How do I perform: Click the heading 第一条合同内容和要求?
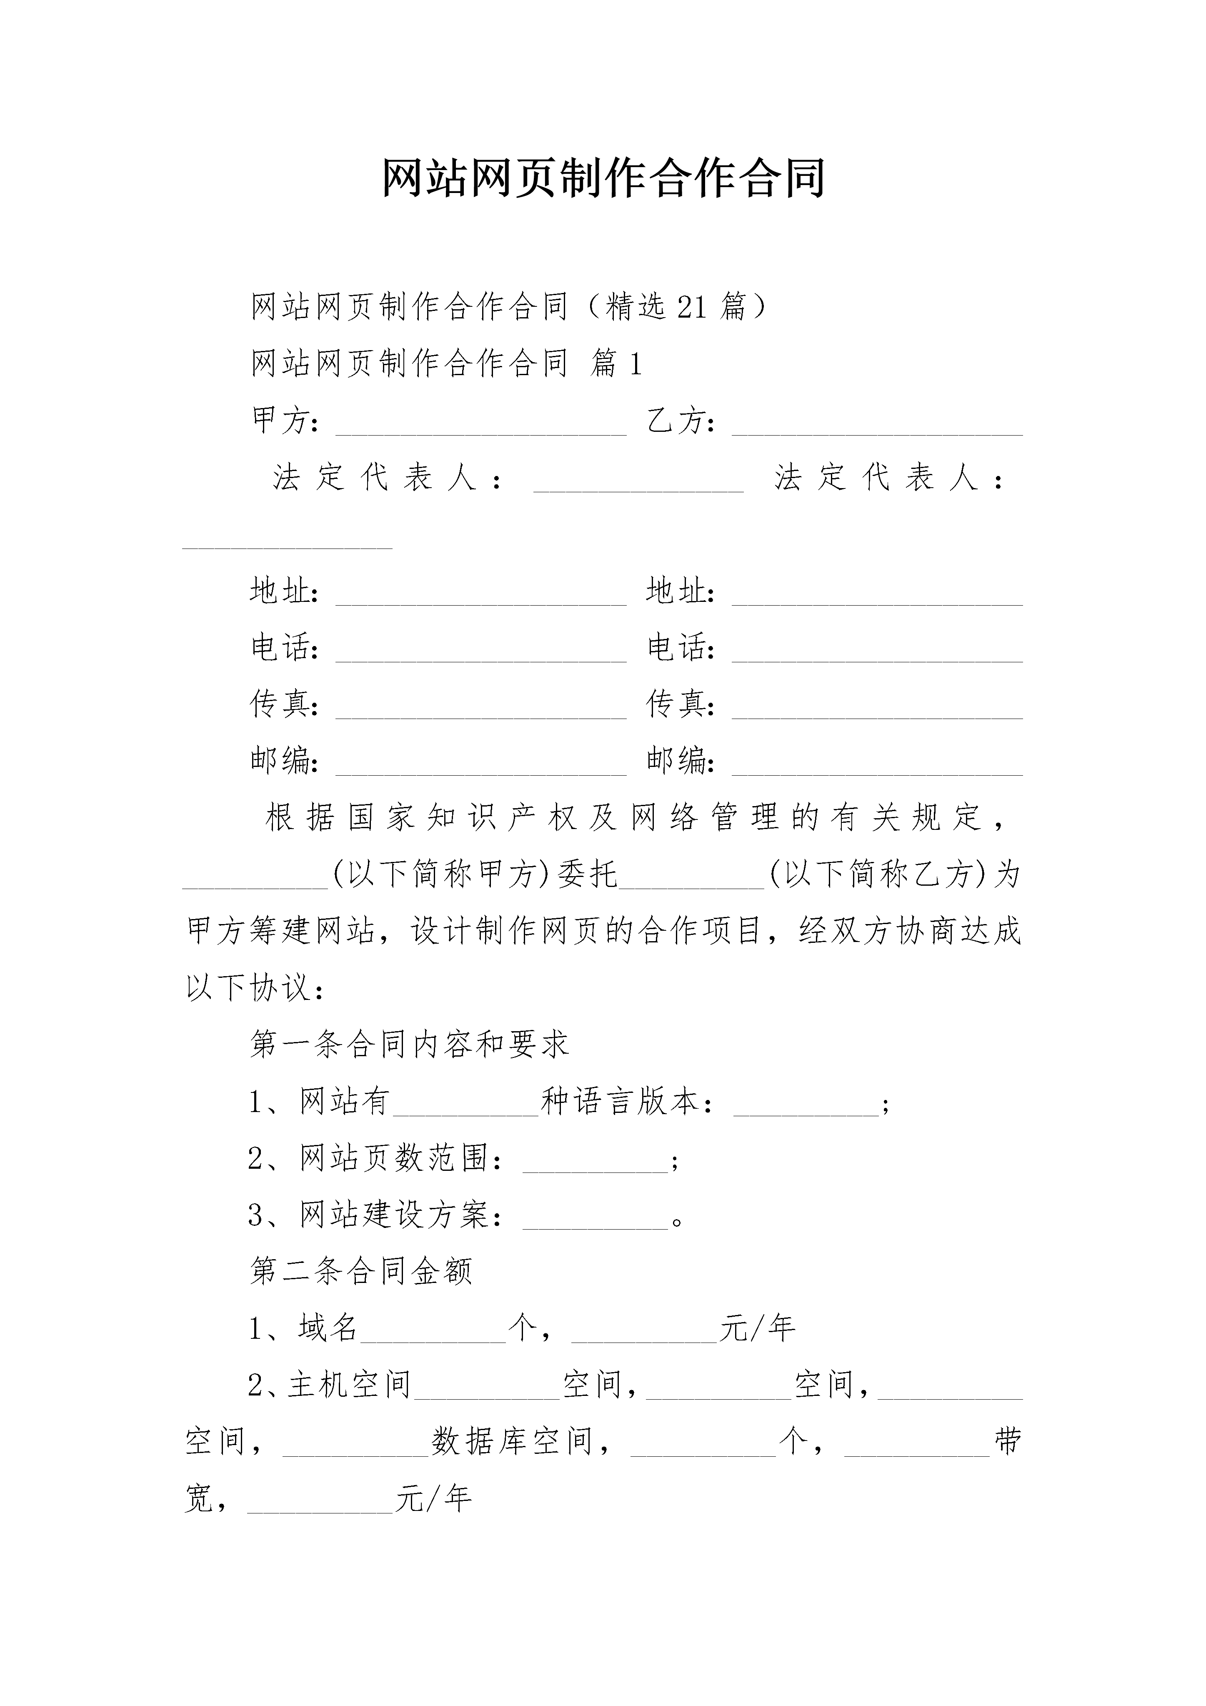click(409, 1044)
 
